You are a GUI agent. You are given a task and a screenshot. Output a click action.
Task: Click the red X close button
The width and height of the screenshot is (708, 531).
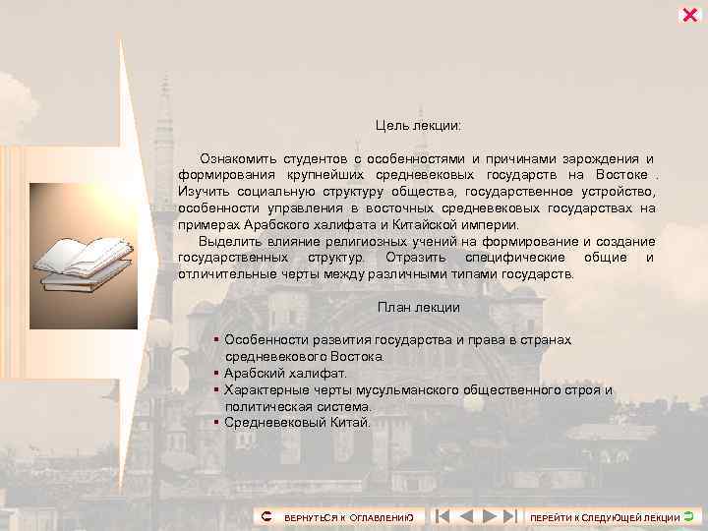point(689,14)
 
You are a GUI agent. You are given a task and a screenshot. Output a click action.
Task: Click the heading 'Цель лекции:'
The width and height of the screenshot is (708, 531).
point(418,126)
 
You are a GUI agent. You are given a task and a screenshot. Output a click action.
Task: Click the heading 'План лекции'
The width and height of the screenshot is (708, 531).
point(418,307)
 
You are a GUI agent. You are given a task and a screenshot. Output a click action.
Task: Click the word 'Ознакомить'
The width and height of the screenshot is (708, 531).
point(236,158)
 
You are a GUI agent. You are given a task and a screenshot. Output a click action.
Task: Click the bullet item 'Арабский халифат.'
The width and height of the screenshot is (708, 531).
point(285,373)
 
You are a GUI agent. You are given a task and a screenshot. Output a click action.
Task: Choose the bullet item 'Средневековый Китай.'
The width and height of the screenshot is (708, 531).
point(297,422)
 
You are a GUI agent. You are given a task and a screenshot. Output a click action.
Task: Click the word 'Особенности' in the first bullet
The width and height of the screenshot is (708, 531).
point(265,339)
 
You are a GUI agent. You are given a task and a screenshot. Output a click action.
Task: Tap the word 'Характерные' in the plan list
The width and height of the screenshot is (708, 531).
point(267,389)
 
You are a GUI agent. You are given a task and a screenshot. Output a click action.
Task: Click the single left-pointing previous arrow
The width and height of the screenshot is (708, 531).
point(466,515)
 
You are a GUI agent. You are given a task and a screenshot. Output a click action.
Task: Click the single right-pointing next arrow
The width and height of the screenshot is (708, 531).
point(488,515)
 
